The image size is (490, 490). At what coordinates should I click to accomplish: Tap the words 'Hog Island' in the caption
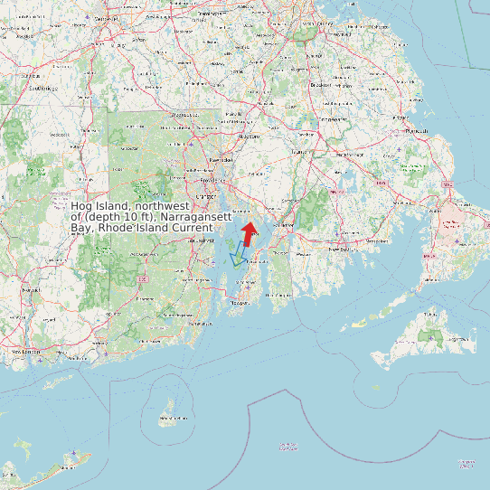[101, 207]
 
